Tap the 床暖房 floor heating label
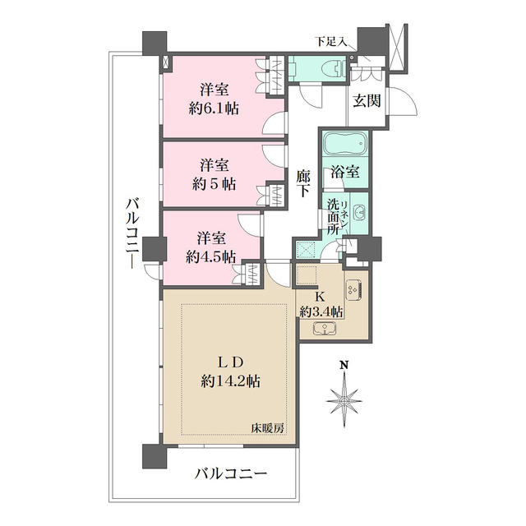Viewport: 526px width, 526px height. tap(268, 427)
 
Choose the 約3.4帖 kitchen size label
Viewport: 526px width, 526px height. tap(321, 310)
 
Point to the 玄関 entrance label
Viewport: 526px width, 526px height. tap(367, 101)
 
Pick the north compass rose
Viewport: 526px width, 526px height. tap(345, 400)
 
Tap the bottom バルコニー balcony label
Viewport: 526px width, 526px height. tap(231, 474)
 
